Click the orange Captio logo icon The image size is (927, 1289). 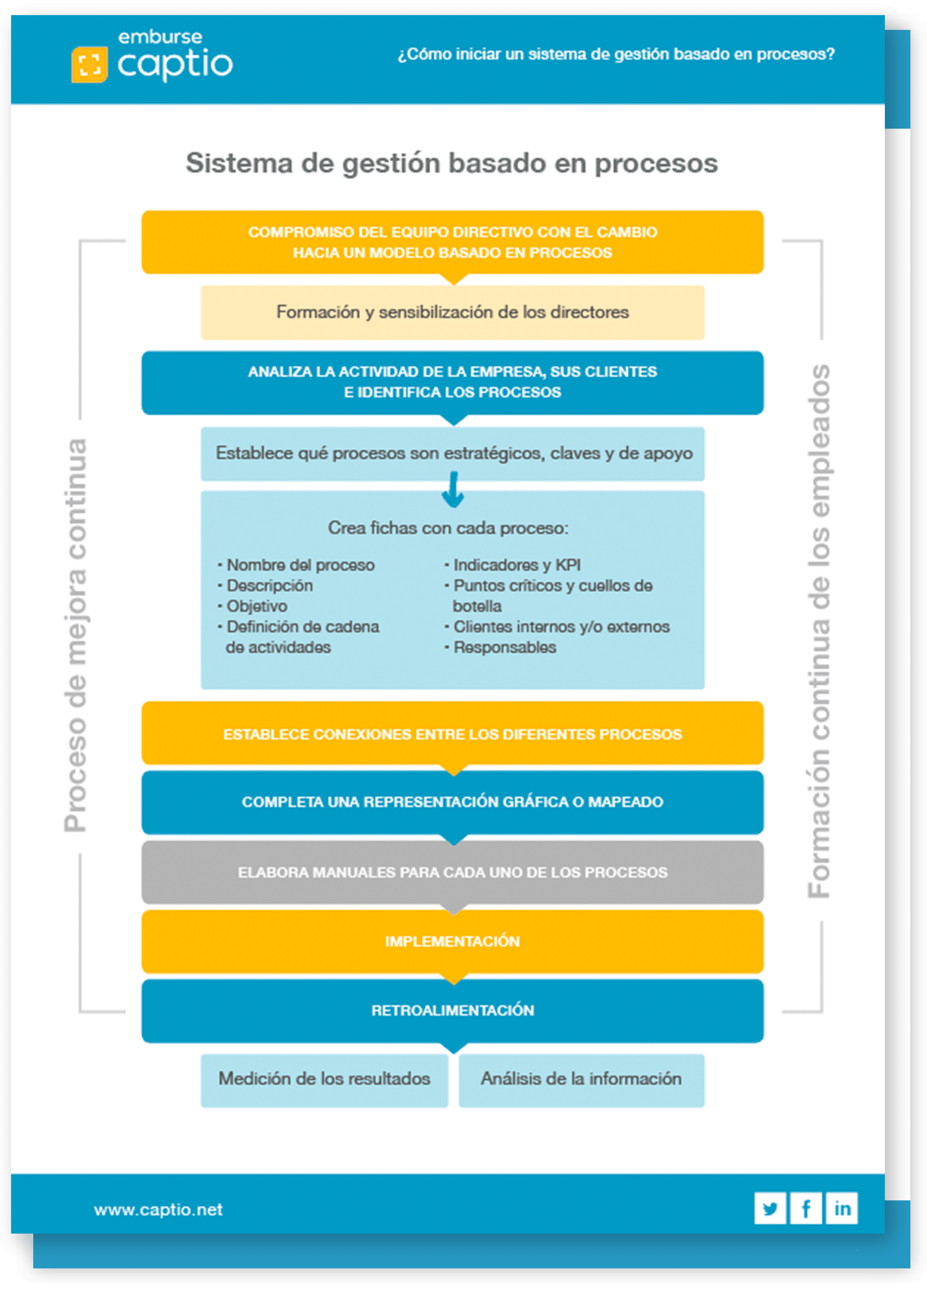tap(89, 64)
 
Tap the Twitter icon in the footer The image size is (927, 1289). tap(770, 1208)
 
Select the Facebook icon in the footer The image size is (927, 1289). tap(806, 1208)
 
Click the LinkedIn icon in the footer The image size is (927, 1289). tap(842, 1208)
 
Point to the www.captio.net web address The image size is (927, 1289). tap(158, 1210)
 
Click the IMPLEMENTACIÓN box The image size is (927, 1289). tap(452, 941)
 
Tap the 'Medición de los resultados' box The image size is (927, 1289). tap(324, 1079)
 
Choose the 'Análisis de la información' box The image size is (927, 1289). tap(581, 1079)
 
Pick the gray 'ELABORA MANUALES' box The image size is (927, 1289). tap(452, 873)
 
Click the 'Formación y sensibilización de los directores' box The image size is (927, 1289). tap(452, 312)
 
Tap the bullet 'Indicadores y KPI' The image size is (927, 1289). tap(517, 565)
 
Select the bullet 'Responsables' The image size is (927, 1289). tap(504, 647)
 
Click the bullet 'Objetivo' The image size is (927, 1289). tap(256, 606)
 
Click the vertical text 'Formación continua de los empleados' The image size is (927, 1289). tap(819, 631)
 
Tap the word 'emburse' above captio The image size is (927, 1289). tap(160, 38)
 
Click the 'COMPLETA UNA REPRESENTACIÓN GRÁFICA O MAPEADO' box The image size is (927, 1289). tap(452, 802)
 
